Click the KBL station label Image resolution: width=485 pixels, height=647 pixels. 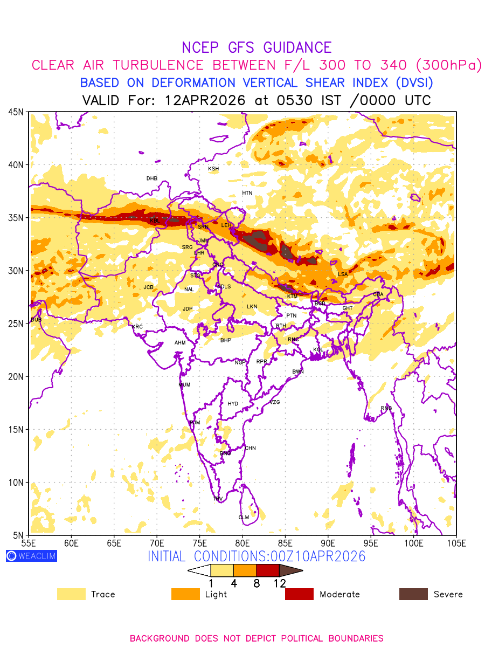point(155,221)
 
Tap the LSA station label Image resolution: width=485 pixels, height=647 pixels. point(343,274)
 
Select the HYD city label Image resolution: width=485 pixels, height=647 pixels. point(233,404)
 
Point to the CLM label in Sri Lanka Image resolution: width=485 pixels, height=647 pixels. point(244,517)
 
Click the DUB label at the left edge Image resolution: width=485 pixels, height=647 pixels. point(36,320)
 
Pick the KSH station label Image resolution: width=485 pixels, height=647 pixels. point(213,169)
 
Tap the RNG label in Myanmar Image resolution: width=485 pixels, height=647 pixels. point(386,408)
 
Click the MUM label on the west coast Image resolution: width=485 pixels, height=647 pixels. point(184,384)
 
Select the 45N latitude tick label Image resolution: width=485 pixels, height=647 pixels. point(16,112)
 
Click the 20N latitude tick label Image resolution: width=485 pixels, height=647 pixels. point(16,376)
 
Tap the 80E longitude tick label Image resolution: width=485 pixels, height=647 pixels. point(242,542)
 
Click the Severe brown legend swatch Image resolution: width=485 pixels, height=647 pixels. point(413,594)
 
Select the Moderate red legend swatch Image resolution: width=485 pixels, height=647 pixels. point(299,594)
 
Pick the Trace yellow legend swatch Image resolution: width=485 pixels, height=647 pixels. point(71,594)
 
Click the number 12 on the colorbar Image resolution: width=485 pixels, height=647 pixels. point(279,583)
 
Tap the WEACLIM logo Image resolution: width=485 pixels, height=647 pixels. point(31,556)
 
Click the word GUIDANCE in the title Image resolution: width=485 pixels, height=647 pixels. point(293,47)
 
